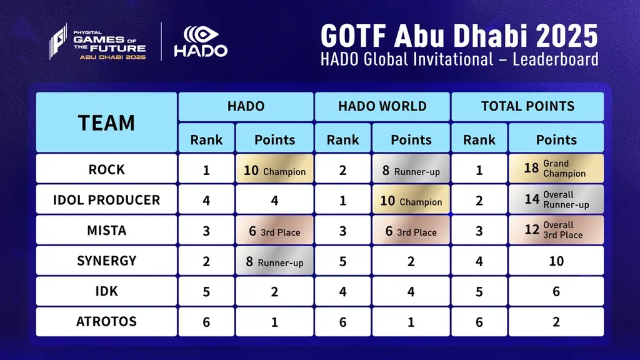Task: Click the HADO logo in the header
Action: pos(200,42)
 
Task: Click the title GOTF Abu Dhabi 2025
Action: pos(459,36)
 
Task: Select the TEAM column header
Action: pos(106,122)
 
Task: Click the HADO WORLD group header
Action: pos(382,106)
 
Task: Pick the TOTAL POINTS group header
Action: pos(527,106)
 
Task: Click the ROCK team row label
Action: pos(106,169)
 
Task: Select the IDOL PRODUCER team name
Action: pos(106,200)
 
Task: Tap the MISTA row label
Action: pos(106,231)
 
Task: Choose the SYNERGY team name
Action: pos(106,261)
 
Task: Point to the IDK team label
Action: pos(106,291)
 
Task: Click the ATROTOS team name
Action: pos(106,322)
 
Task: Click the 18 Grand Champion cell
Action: pos(556,169)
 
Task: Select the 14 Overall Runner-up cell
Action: pos(556,200)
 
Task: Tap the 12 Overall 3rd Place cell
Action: pos(556,230)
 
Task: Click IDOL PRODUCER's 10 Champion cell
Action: pos(411,201)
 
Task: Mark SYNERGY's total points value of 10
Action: pos(556,261)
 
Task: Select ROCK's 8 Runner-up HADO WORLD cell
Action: pos(411,170)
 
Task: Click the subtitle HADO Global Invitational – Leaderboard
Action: pos(459,59)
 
